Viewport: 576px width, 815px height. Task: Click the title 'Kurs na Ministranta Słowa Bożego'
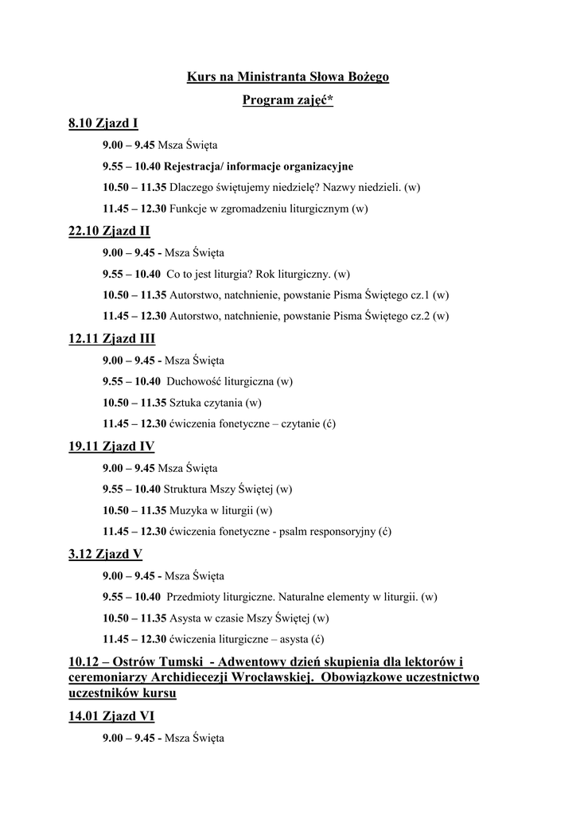point(287,78)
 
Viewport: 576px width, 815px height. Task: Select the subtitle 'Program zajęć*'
point(287,101)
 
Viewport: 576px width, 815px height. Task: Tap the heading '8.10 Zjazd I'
point(103,123)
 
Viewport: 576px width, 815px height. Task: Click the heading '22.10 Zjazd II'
point(110,231)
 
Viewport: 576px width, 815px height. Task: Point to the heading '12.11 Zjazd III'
point(112,339)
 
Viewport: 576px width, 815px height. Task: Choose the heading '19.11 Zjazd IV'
point(111,446)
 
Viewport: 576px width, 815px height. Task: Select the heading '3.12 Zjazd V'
point(105,554)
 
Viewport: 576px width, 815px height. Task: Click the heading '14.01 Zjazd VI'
point(111,716)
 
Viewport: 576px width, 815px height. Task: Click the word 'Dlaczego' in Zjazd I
point(190,188)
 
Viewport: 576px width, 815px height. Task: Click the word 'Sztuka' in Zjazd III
point(185,403)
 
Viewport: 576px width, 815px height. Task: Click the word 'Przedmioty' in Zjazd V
point(194,596)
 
